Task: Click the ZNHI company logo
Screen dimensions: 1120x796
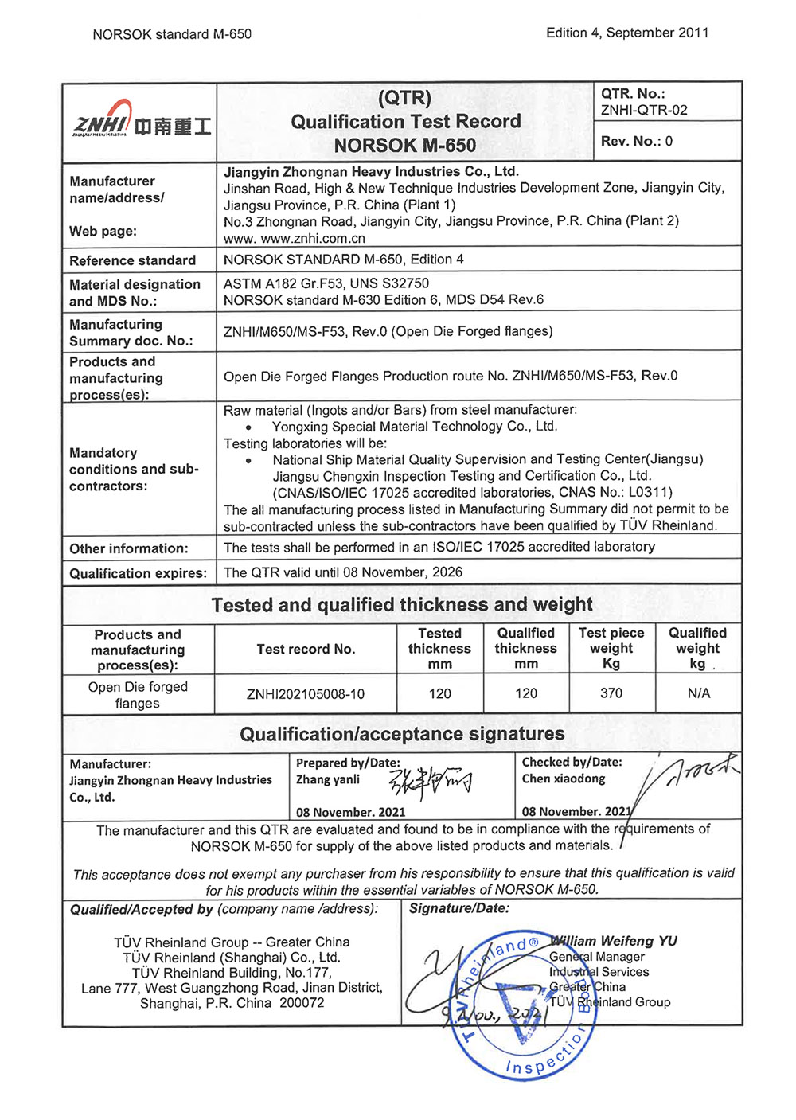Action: [141, 121]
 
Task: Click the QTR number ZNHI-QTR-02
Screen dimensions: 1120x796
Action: [644, 111]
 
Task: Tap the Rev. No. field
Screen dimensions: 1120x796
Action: [637, 141]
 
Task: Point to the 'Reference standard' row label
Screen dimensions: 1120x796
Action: [132, 260]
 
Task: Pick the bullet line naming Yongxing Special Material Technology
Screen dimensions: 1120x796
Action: [414, 427]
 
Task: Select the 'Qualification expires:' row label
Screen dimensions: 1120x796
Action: [138, 573]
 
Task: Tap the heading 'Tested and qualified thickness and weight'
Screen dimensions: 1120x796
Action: [402, 605]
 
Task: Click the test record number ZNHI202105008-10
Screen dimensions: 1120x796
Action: [306, 694]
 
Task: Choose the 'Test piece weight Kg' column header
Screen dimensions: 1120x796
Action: [611, 648]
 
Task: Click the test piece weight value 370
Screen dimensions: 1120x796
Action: [611, 693]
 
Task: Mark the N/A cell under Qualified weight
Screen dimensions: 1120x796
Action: [698, 693]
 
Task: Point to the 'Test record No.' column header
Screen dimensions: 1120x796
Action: [306, 650]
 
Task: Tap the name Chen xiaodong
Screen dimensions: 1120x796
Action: [564, 779]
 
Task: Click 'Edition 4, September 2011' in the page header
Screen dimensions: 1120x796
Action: [627, 33]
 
